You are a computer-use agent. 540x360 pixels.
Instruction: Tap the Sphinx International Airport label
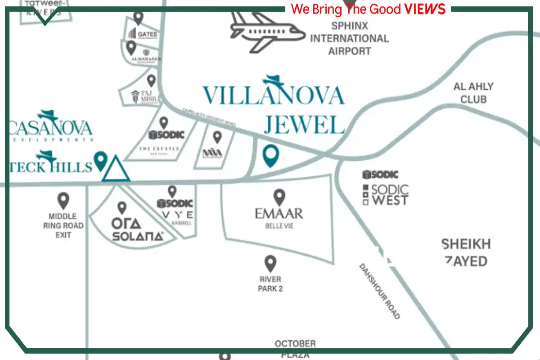click(x=349, y=38)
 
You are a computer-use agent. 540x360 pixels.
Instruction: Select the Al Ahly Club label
click(x=473, y=92)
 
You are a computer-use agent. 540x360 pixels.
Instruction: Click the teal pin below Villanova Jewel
click(x=271, y=155)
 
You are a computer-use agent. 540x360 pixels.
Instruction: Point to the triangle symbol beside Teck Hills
click(x=116, y=169)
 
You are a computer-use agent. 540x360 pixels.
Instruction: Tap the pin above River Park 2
click(x=270, y=263)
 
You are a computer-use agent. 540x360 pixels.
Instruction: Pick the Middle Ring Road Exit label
click(x=63, y=225)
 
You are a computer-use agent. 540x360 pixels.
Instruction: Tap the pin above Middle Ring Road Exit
click(x=63, y=200)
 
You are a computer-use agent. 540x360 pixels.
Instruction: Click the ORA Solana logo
click(x=137, y=229)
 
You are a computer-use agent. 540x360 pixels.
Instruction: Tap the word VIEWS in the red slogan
click(x=425, y=9)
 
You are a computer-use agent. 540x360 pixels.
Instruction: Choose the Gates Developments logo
click(x=143, y=34)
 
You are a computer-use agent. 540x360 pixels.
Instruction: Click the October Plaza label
click(x=295, y=349)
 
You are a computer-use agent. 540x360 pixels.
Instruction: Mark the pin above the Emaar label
click(x=280, y=197)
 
